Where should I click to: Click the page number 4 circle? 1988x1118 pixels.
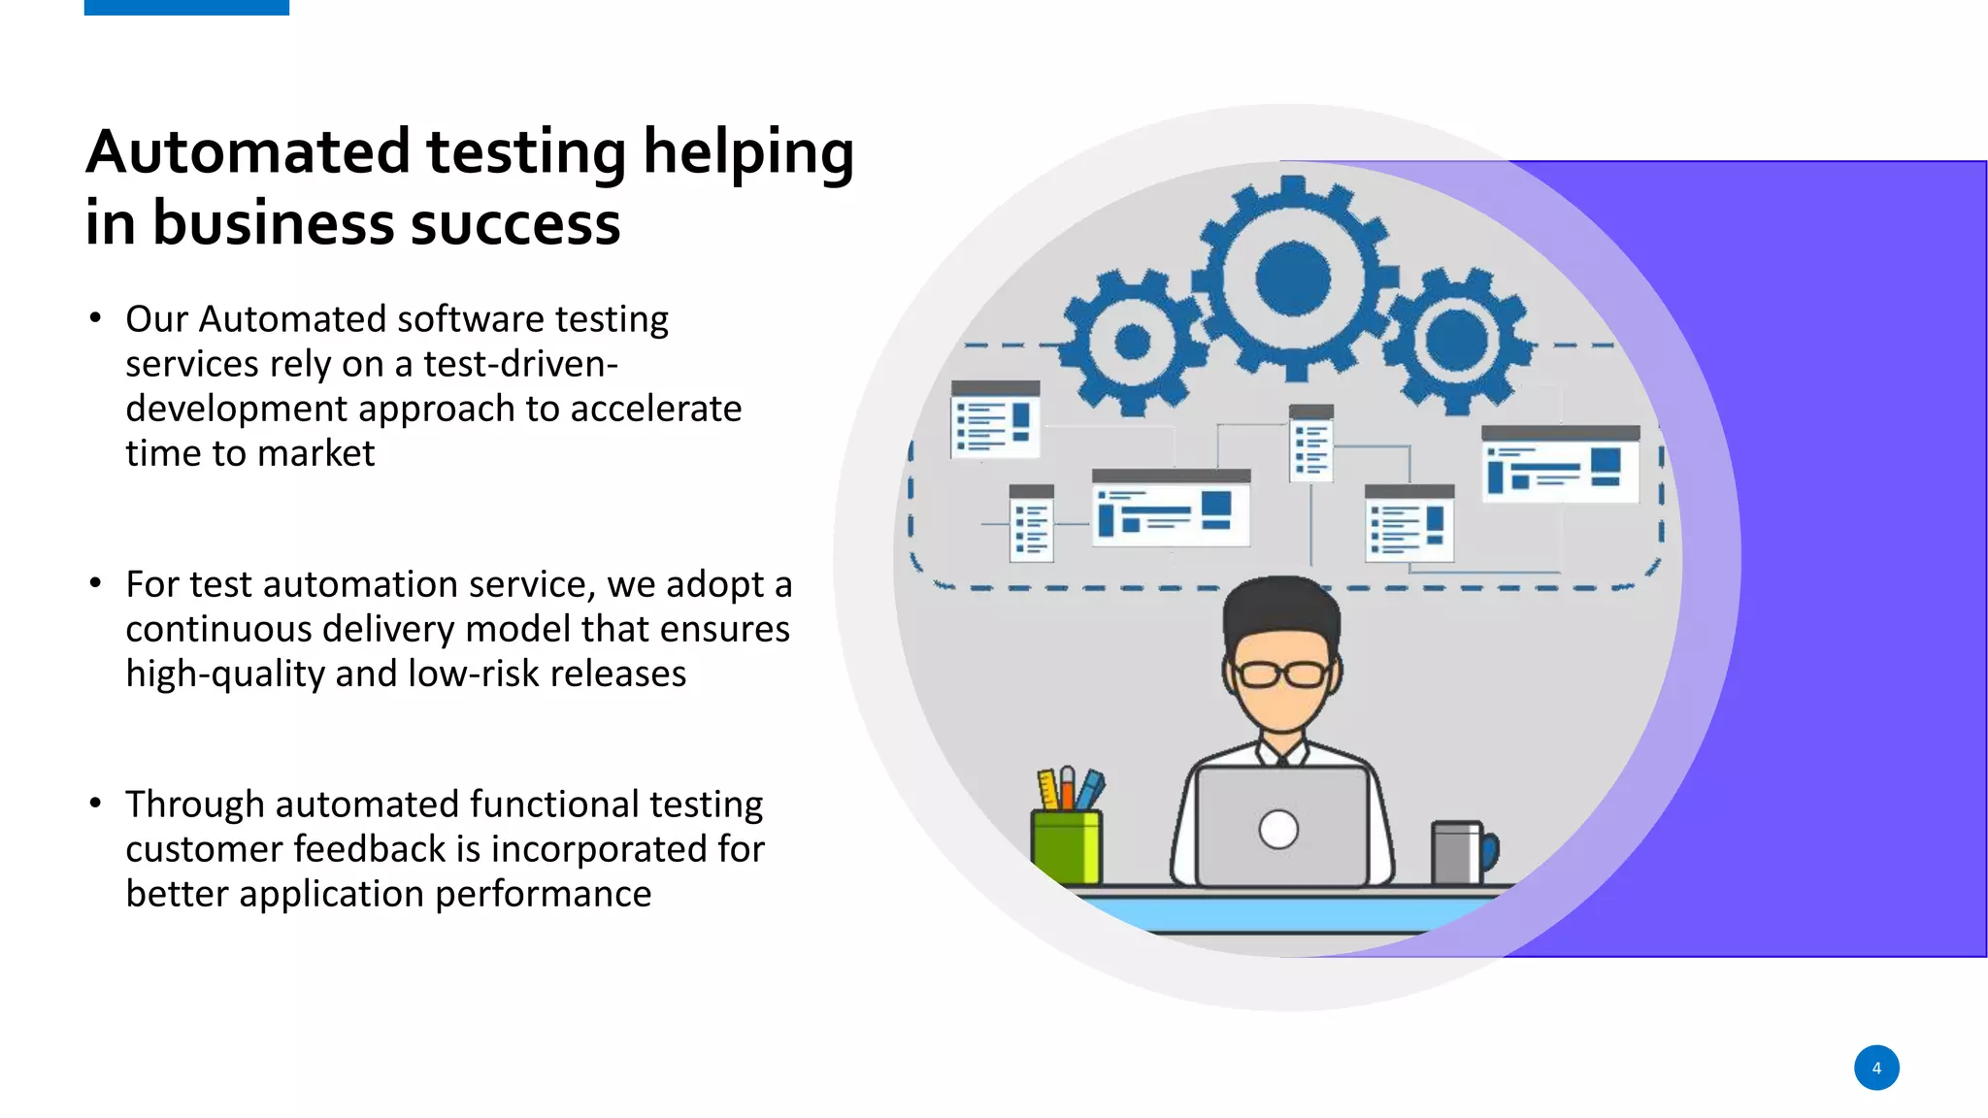[x=1875, y=1068]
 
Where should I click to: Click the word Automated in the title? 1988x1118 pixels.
[x=248, y=152]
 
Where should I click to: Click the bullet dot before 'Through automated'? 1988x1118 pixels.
[x=95, y=803]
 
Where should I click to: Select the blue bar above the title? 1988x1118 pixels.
[x=186, y=7]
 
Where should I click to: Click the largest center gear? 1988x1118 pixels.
[x=1293, y=279]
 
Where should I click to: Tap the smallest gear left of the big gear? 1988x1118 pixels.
[x=1132, y=342]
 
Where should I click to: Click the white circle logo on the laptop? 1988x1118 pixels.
[x=1278, y=830]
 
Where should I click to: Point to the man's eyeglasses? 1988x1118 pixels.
[x=1282, y=674]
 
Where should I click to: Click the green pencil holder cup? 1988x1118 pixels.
[x=1066, y=847]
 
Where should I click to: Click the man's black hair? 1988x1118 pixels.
[x=1281, y=607]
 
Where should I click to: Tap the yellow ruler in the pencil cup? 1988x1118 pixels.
[x=1048, y=788]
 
